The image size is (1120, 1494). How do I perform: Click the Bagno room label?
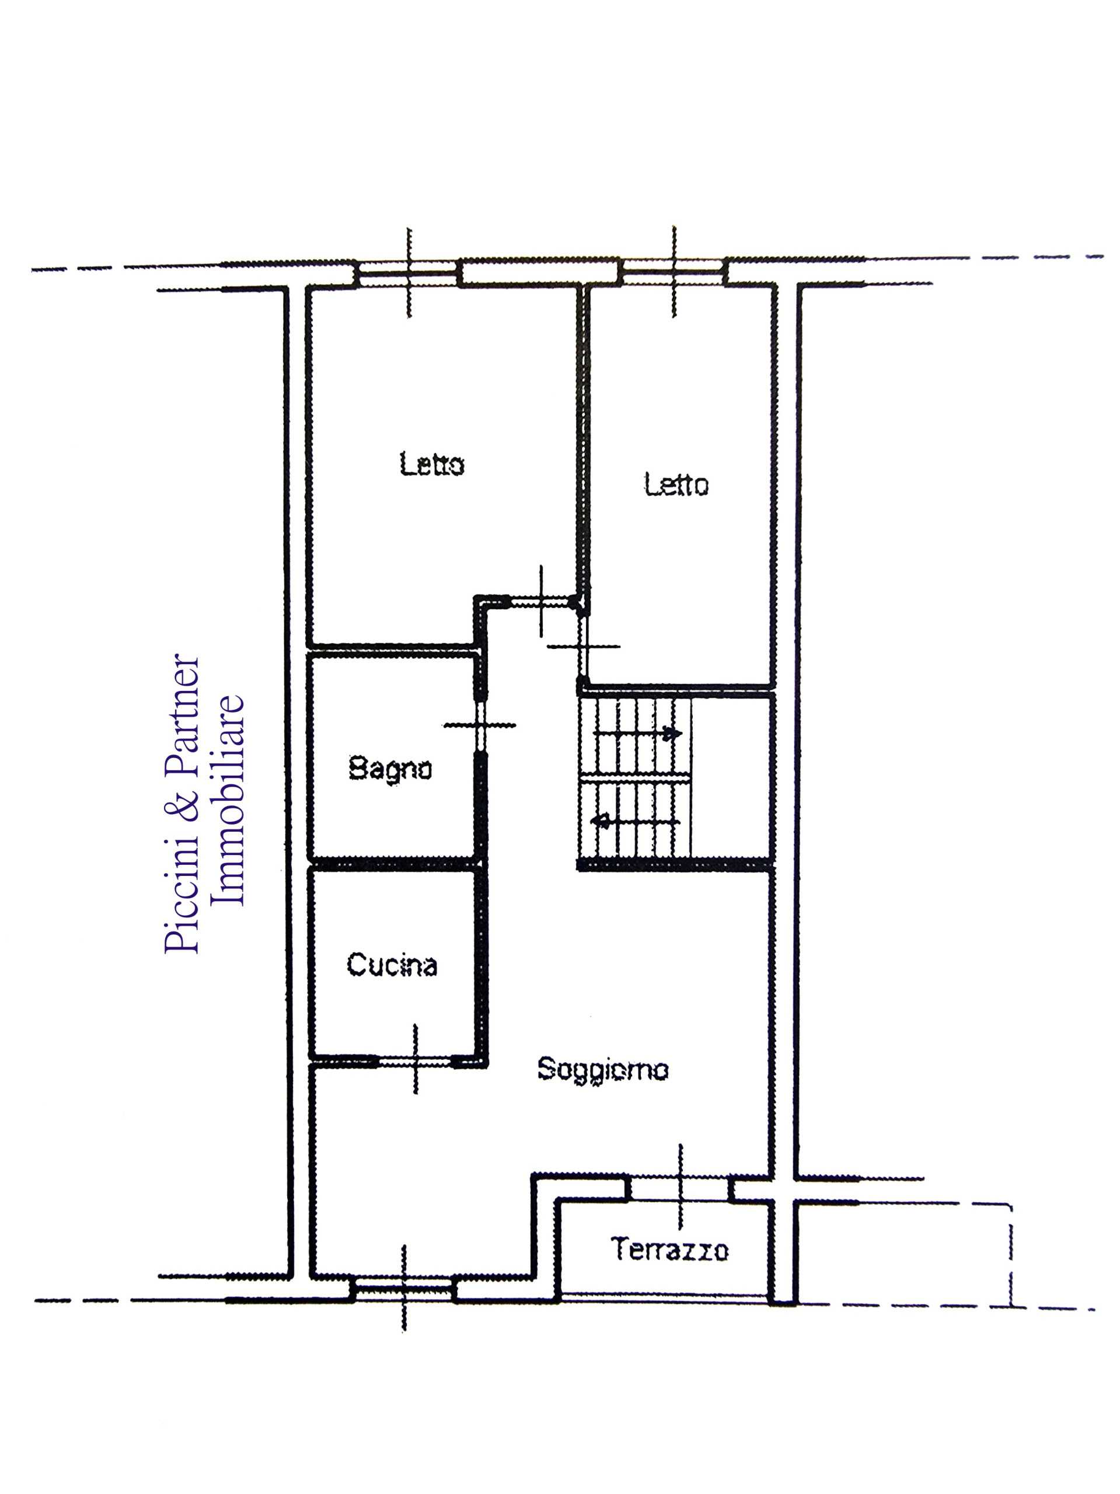coord(390,770)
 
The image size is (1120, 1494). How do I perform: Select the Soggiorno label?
coord(602,1069)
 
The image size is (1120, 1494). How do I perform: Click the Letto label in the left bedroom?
coord(432,465)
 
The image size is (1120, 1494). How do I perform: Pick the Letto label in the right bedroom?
coord(676,484)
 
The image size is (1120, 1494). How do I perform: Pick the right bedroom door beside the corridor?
coord(582,645)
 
